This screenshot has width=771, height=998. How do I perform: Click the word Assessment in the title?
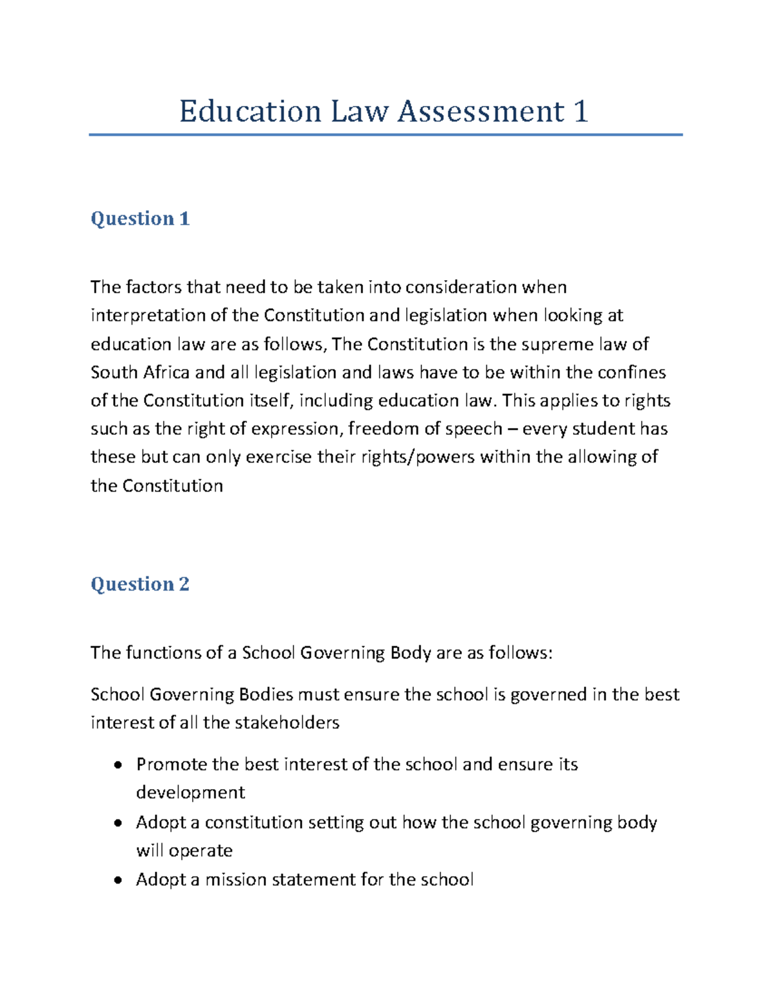pos(481,111)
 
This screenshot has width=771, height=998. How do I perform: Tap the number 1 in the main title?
pos(580,111)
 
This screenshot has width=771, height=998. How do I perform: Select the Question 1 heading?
pos(140,218)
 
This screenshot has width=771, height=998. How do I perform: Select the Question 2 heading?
pos(140,584)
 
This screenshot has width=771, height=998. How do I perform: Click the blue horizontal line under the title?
pos(385,135)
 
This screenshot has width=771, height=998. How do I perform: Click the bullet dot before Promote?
pos(117,765)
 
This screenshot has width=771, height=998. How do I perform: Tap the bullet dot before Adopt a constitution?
pos(117,823)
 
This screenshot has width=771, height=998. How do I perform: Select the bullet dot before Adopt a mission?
pos(117,880)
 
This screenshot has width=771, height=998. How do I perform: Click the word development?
pos(190,793)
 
